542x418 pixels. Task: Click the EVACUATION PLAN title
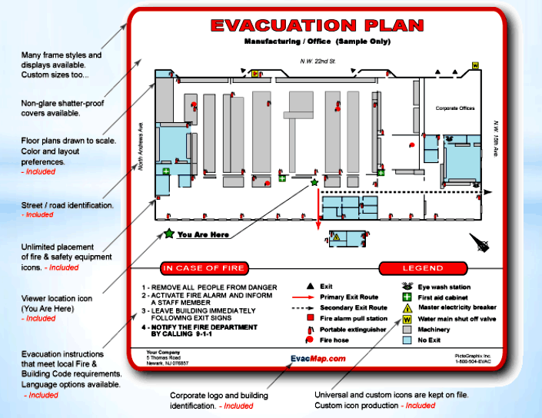(x=317, y=25)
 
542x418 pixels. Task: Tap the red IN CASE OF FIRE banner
(x=203, y=268)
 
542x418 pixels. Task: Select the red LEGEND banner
(x=423, y=268)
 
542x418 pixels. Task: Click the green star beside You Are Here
(x=168, y=234)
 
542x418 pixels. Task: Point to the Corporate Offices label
(x=457, y=108)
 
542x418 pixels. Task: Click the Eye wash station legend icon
(x=407, y=287)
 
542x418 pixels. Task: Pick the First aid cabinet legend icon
(x=407, y=297)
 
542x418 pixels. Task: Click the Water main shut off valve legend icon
(x=407, y=318)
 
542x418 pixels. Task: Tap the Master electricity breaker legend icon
(x=407, y=307)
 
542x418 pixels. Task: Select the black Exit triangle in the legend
(x=309, y=286)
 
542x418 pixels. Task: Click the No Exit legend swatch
(x=407, y=339)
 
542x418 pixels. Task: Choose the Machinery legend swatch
(x=407, y=329)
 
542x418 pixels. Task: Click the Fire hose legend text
(x=334, y=339)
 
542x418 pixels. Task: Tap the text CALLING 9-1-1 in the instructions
(x=188, y=334)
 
